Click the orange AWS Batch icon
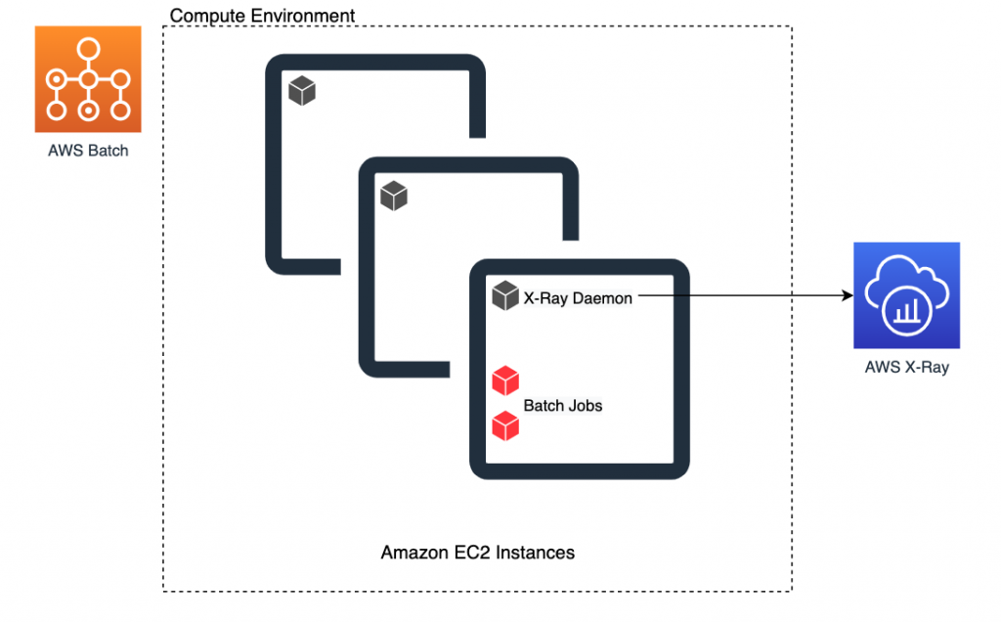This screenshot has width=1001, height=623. pyautogui.click(x=88, y=79)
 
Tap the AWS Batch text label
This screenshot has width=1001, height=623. pyautogui.click(x=88, y=152)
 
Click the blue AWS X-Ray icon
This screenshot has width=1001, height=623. pyautogui.click(x=906, y=295)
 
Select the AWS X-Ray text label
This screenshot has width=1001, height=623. pyautogui.click(x=906, y=369)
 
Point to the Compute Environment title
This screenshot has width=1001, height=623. pyautogui.click(x=262, y=17)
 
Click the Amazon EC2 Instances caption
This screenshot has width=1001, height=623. pyautogui.click(x=477, y=554)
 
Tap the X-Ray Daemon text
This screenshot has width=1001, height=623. pyautogui.click(x=578, y=298)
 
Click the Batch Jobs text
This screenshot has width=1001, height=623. pyautogui.click(x=564, y=405)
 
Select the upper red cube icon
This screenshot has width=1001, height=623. pyautogui.click(x=504, y=379)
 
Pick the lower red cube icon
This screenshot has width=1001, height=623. pyautogui.click(x=504, y=425)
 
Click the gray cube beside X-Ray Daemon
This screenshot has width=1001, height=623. pyautogui.click(x=504, y=295)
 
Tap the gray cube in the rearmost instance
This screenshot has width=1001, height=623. pyautogui.click(x=302, y=92)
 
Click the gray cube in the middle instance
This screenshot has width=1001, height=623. pyautogui.click(x=393, y=196)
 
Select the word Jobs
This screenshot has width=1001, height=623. pyautogui.click(x=586, y=405)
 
